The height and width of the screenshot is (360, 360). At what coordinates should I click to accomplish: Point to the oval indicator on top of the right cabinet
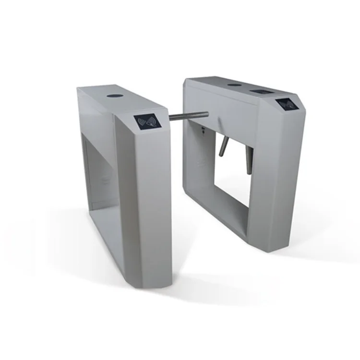click(234, 85)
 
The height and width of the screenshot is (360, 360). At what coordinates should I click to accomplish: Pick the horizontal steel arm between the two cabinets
click(188, 116)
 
